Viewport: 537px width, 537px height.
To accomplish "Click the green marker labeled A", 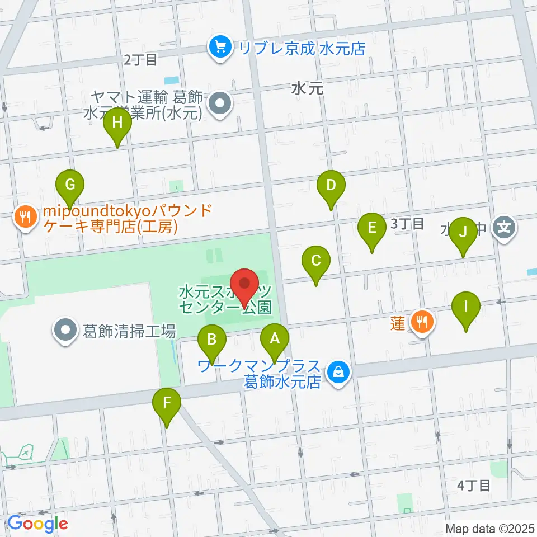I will (x=274, y=339).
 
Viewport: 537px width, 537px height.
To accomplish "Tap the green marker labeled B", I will (x=212, y=339).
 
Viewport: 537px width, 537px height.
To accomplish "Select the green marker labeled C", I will (x=315, y=261).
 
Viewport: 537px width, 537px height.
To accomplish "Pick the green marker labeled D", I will (x=331, y=185).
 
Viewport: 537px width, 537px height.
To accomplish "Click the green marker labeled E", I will (x=372, y=228).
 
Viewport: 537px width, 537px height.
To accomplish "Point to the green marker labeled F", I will (x=167, y=403).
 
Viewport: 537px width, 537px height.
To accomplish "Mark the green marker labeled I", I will (x=466, y=307).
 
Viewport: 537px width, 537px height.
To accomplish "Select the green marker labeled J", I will (x=463, y=232).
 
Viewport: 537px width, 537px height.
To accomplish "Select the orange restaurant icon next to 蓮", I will (x=420, y=321).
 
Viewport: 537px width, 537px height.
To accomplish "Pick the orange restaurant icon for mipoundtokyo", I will (x=25, y=215).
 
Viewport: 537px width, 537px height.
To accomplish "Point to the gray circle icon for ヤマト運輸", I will (x=220, y=105).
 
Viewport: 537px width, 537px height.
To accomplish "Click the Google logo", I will (x=37, y=524).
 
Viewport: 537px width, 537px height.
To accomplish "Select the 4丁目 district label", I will (x=473, y=485).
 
